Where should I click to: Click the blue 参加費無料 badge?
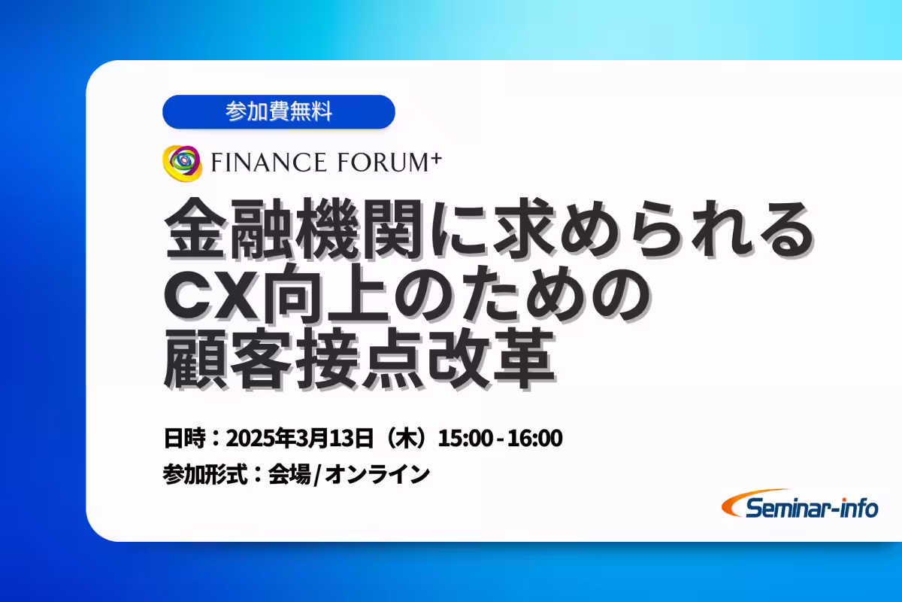[278, 112]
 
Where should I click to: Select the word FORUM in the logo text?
[377, 162]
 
